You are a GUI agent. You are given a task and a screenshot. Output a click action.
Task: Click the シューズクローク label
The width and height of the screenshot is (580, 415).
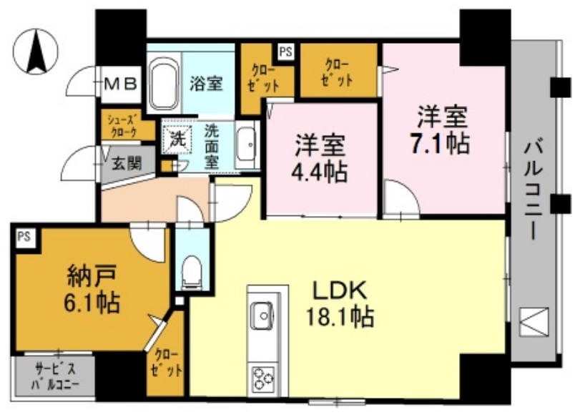(127, 125)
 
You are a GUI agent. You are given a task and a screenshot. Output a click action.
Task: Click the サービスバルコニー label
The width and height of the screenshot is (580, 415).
(54, 376)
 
